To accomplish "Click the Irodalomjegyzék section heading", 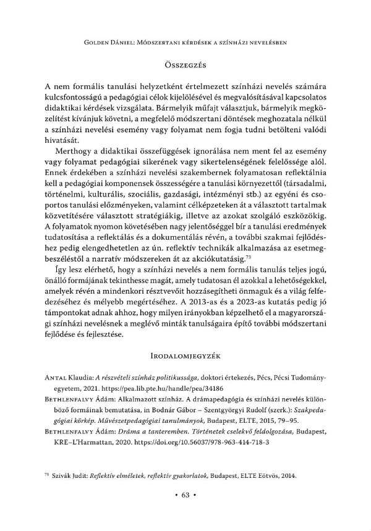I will (x=185, y=356).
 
